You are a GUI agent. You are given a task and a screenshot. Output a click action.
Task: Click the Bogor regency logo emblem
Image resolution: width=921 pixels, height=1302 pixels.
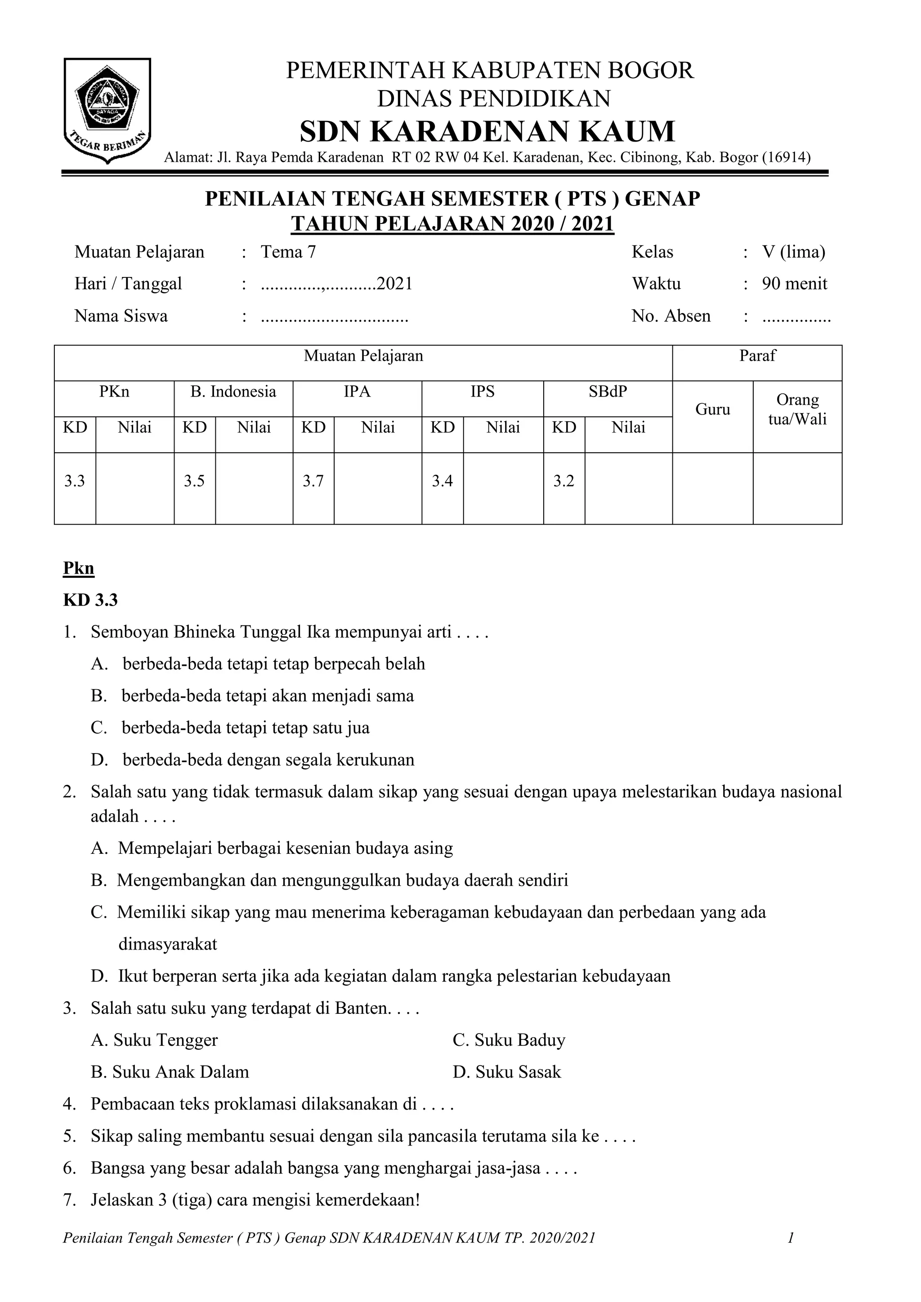click(107, 110)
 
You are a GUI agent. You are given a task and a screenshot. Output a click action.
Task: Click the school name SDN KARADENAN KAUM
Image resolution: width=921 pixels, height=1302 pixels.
click(487, 132)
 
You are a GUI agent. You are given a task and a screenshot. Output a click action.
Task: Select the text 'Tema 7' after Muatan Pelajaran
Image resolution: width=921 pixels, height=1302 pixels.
click(288, 252)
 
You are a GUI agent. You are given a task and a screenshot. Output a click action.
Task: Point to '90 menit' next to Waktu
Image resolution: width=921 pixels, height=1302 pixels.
click(794, 284)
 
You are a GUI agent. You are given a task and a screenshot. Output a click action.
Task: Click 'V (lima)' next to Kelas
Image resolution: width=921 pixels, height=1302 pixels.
click(793, 252)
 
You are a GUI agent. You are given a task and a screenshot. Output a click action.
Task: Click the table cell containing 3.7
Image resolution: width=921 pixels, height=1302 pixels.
click(313, 482)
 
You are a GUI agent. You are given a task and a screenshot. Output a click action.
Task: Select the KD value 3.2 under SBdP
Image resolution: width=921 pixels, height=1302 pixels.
click(564, 482)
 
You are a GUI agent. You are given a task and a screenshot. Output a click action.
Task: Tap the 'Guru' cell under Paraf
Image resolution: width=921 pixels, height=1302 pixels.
click(712, 410)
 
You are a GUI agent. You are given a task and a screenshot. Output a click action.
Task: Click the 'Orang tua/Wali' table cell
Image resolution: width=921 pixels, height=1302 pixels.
click(797, 410)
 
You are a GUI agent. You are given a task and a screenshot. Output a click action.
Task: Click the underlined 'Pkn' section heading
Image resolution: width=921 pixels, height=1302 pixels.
click(78, 568)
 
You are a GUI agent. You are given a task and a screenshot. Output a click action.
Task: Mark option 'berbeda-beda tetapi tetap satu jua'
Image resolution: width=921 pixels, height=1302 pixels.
click(245, 727)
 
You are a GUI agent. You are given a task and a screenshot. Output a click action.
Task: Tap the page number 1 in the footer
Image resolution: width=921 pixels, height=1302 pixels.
click(790, 1237)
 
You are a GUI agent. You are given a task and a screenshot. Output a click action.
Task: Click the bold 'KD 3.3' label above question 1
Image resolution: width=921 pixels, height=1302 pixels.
click(90, 600)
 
